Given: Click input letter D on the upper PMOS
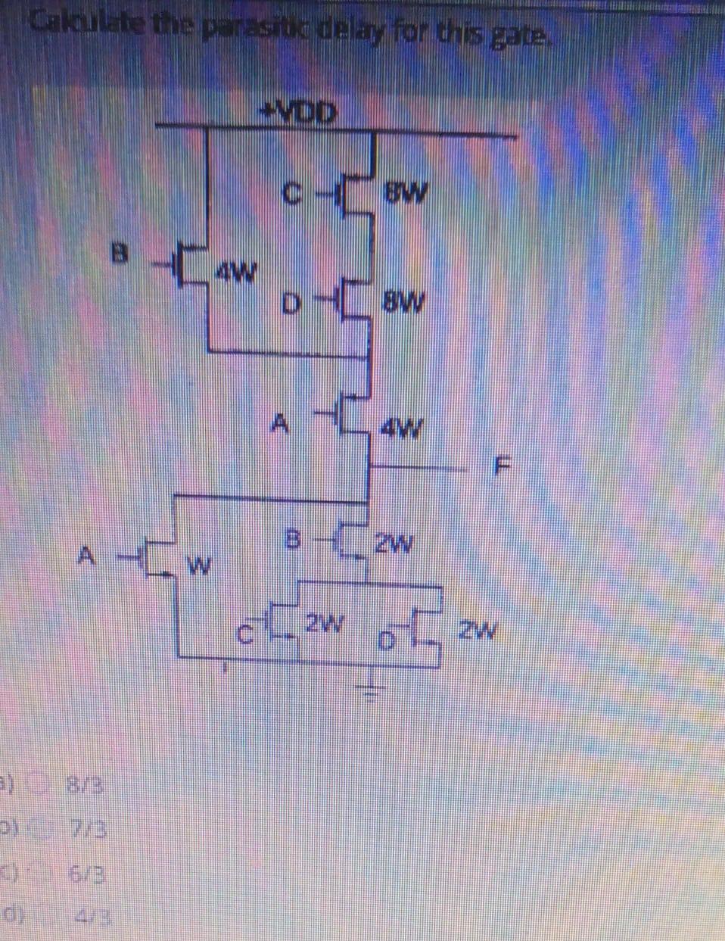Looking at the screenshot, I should point(289,307).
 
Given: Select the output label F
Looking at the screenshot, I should point(499,463).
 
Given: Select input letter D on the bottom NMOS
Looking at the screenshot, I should point(386,642).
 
